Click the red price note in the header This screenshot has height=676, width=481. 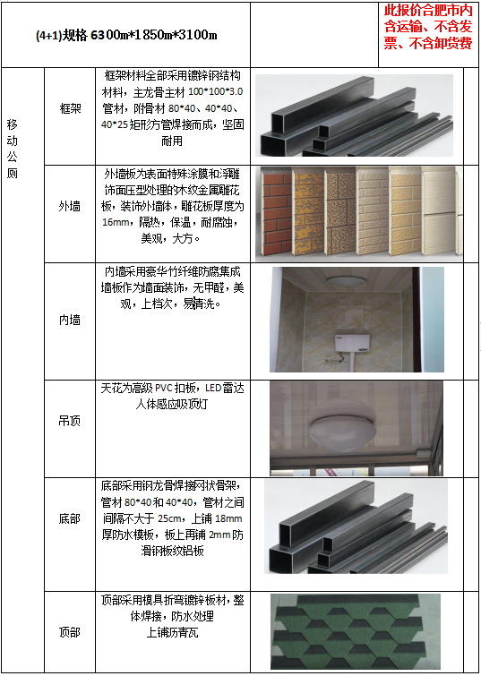click(x=428, y=27)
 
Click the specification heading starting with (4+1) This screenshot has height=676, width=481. click(x=126, y=35)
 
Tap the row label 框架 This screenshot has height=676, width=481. click(x=70, y=108)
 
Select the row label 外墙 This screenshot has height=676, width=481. click(x=70, y=207)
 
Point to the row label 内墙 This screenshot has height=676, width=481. click(x=70, y=320)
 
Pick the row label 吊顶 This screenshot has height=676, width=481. click(x=70, y=421)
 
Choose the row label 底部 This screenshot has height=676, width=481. click(x=70, y=518)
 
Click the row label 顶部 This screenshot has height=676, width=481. click(x=70, y=632)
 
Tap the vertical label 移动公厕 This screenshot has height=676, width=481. click(x=12, y=150)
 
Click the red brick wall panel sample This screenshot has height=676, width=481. click(x=277, y=214)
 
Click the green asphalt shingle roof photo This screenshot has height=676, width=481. click(x=356, y=631)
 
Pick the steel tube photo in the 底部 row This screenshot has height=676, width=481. click(x=356, y=526)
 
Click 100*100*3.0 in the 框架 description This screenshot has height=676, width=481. click(x=215, y=92)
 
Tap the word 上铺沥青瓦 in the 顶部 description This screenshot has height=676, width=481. click(x=172, y=632)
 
